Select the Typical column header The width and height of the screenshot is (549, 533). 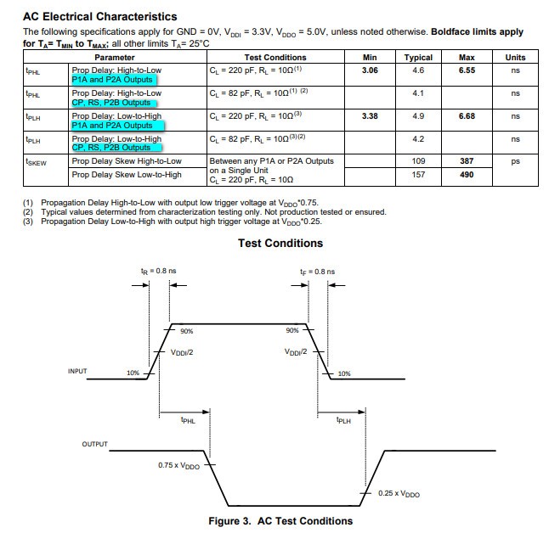click(418, 58)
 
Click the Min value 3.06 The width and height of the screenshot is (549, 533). click(370, 70)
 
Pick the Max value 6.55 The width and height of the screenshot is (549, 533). click(467, 70)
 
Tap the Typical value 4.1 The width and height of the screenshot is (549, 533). click(418, 93)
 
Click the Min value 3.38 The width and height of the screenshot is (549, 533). click(370, 116)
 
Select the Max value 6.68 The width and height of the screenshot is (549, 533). click(467, 116)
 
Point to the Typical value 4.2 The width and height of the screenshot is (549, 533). click(418, 139)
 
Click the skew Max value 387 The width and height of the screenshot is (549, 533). click(467, 161)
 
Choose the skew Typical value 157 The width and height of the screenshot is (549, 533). click(418, 175)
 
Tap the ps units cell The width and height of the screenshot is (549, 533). click(515, 161)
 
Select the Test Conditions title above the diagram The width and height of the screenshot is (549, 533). click(280, 244)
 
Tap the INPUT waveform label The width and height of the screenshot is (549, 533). click(79, 371)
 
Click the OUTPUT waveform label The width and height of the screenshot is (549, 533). click(94, 445)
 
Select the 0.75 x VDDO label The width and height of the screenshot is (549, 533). click(179, 465)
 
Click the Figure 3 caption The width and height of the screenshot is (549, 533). click(280, 521)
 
